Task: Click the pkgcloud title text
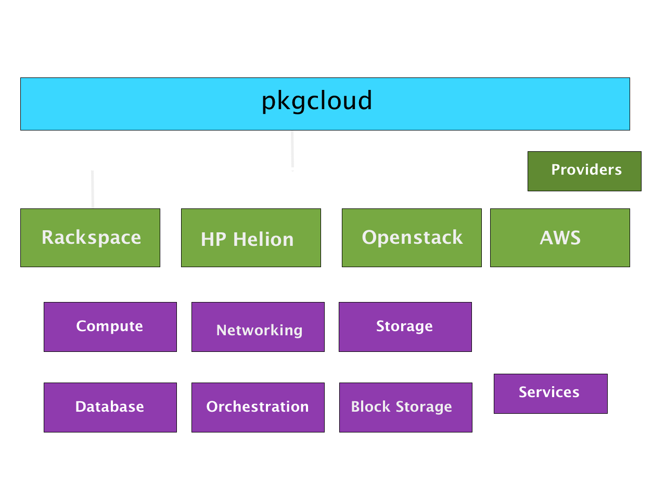317,101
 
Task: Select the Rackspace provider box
90,238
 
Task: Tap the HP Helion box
251,238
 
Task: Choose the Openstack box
412,238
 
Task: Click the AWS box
560,238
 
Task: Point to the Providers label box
584,171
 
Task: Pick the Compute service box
110,326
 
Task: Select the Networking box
258,326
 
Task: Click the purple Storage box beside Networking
405,326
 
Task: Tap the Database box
110,407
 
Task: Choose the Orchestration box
258,407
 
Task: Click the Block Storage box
406,407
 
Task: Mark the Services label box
550,393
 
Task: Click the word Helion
263,240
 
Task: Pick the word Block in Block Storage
370,406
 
